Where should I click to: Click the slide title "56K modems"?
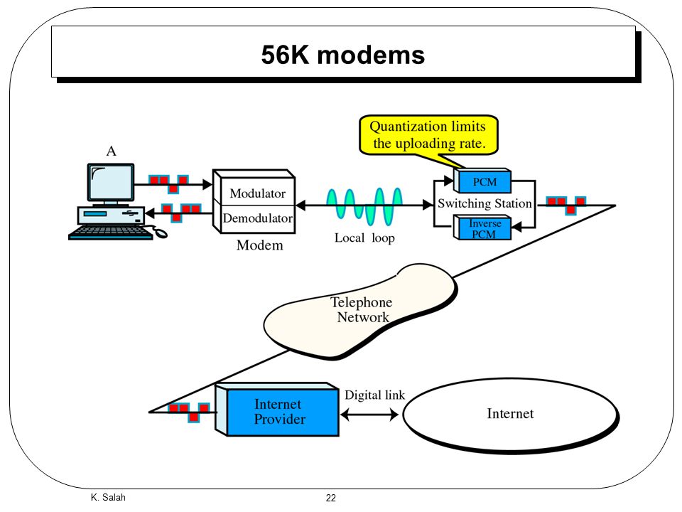point(342,55)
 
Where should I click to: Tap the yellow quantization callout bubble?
point(428,135)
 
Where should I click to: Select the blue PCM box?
point(482,181)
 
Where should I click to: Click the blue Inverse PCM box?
point(482,228)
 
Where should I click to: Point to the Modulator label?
point(257,193)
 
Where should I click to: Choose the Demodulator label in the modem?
point(257,218)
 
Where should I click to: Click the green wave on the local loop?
point(364,206)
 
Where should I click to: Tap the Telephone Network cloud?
point(361,311)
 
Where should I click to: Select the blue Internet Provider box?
point(278,410)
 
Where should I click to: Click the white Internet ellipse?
point(511,415)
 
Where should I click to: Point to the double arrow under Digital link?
point(369,414)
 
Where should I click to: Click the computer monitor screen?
point(111,183)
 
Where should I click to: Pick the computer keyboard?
point(112,233)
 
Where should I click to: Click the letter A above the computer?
point(112,151)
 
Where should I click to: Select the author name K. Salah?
point(108,497)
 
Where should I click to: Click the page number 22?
point(331,498)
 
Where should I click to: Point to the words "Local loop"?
point(364,238)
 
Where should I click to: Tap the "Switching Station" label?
point(485,204)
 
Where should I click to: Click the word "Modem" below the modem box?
point(260,245)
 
